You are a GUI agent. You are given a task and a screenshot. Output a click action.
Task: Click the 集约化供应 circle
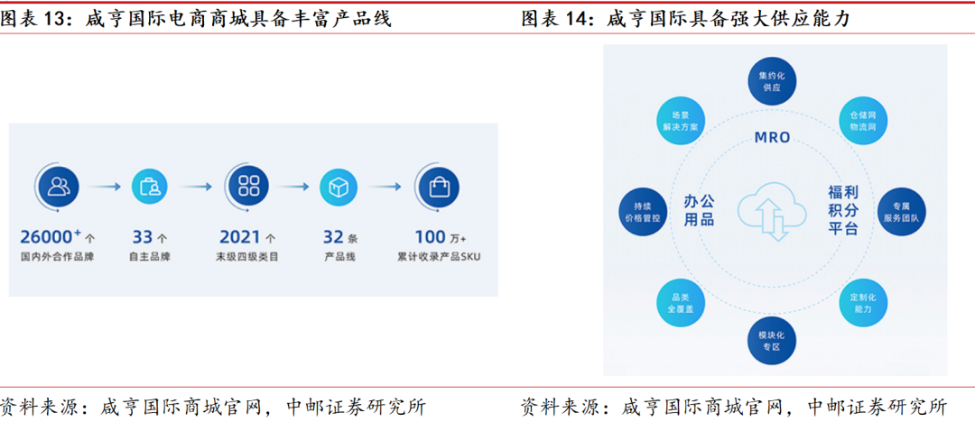coord(771,81)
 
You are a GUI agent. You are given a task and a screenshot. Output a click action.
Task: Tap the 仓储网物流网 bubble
coord(861,122)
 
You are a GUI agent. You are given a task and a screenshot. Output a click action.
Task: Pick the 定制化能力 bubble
coord(861,301)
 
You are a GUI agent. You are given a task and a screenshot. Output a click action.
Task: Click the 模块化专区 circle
coord(771,340)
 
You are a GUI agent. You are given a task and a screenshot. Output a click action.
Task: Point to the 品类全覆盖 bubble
coord(680,301)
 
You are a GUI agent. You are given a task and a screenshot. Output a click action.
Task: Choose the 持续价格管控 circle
coord(643,211)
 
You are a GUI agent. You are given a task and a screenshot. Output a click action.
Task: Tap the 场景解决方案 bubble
coord(680,122)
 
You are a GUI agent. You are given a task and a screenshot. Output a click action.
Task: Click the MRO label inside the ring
coord(771,138)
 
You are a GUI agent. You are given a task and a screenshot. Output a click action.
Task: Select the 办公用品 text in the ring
coord(699,210)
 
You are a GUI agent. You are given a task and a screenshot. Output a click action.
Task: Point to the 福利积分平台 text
coord(843,210)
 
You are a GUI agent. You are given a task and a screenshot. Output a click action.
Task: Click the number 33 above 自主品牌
coord(143,237)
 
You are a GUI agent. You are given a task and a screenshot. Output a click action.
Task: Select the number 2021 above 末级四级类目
coord(240,237)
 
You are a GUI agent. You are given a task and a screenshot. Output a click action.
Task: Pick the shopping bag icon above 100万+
coord(438,187)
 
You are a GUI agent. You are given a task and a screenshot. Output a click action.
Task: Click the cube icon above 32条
coord(339,187)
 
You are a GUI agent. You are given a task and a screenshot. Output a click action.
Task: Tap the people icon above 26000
coord(59,187)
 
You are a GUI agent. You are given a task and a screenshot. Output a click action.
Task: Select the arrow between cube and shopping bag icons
coord(387,187)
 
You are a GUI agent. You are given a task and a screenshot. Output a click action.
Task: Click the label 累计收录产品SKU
coord(438,257)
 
